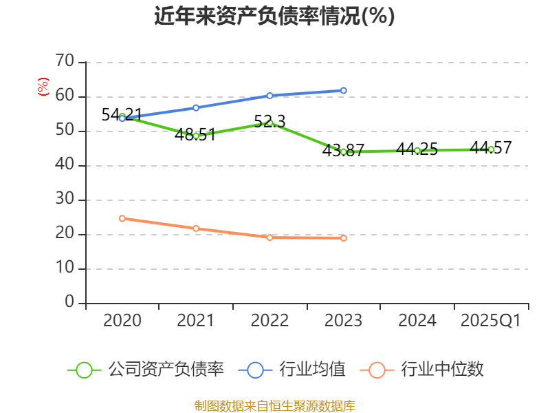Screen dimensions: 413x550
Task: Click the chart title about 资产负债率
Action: click(274, 17)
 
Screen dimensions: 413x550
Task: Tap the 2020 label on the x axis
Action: click(122, 321)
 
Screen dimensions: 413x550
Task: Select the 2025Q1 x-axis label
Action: click(490, 321)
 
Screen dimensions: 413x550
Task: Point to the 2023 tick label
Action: click(343, 321)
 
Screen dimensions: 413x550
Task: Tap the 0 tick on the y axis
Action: click(69, 303)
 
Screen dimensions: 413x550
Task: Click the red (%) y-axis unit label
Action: click(43, 87)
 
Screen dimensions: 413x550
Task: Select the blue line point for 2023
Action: click(343, 91)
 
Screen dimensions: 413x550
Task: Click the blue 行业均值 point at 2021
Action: click(196, 108)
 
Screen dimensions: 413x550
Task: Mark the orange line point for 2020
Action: click(122, 218)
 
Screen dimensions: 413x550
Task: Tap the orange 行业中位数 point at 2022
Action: click(269, 237)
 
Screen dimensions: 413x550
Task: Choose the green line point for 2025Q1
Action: click(491, 149)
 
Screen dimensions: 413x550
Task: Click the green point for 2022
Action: click(269, 123)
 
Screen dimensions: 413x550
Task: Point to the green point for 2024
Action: click(417, 150)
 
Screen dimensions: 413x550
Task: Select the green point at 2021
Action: click(196, 136)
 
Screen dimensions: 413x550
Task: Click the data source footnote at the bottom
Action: click(274, 405)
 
